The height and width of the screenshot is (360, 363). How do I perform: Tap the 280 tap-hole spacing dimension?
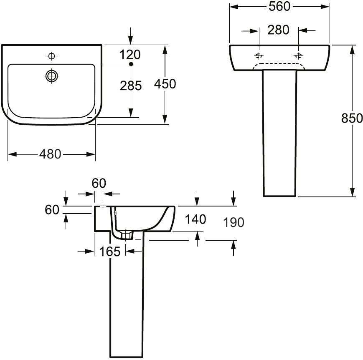tap(278, 30)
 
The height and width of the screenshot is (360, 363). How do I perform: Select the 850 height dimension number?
tap(352, 118)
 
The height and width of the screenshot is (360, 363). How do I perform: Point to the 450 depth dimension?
tap(165, 84)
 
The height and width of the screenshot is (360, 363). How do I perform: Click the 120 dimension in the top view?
tap(130, 55)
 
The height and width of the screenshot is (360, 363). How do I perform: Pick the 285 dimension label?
tap(131, 86)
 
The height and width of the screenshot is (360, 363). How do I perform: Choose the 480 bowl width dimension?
tap(50, 154)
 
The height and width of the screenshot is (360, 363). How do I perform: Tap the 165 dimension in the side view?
tap(110, 252)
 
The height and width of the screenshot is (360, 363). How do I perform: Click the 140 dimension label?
tap(195, 219)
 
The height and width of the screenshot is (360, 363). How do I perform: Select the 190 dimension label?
tap(234, 222)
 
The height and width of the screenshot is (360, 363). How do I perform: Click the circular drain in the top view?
tap(52, 76)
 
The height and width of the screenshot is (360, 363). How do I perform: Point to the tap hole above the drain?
tap(51, 56)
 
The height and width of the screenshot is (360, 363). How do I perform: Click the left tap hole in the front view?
tap(259, 56)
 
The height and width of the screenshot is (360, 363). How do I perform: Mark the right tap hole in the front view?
tap(298, 56)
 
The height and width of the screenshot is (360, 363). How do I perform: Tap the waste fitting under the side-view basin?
tap(126, 235)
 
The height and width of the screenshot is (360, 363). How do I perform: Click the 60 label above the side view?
tap(99, 183)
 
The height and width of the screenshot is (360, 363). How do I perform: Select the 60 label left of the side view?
tap(52, 210)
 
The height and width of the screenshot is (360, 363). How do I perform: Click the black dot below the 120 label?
tap(131, 64)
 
